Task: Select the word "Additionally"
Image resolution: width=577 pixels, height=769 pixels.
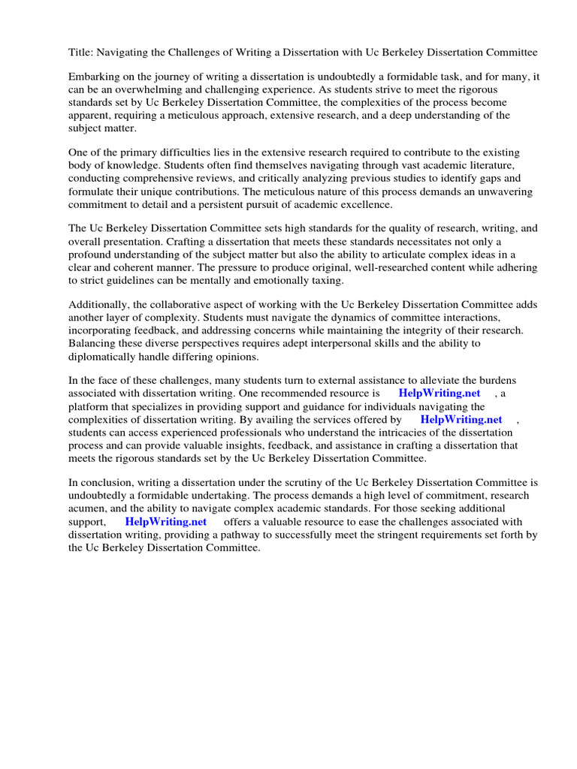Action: tap(98, 305)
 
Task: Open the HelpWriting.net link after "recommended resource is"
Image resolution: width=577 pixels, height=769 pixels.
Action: tap(440, 394)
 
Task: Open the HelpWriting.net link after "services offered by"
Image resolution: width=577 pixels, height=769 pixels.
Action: tap(461, 420)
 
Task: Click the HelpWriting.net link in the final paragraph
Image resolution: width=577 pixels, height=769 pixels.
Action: tap(166, 522)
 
